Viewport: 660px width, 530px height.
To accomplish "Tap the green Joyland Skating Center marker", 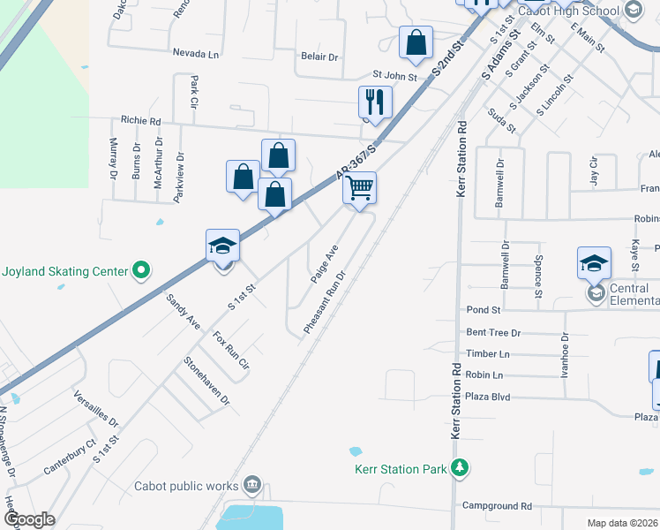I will (x=140, y=271).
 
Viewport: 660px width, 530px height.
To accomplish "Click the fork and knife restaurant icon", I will (x=375, y=102).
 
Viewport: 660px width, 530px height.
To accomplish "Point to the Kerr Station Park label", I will (x=400, y=469).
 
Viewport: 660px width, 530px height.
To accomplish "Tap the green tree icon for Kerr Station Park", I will (x=460, y=467).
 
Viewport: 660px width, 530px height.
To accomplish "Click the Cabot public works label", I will (x=186, y=485).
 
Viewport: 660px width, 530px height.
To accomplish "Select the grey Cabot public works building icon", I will (x=252, y=484).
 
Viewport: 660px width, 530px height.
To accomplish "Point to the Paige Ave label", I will (x=324, y=264).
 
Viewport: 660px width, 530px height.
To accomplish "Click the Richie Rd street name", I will (x=141, y=121).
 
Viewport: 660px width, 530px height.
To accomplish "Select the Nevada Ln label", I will (x=196, y=54).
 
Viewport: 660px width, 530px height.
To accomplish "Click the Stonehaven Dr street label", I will (x=206, y=381).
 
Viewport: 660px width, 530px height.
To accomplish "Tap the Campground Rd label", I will (x=497, y=506).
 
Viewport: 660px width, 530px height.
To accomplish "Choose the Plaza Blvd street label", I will (x=487, y=397).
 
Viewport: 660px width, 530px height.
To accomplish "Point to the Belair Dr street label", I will (x=319, y=57).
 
